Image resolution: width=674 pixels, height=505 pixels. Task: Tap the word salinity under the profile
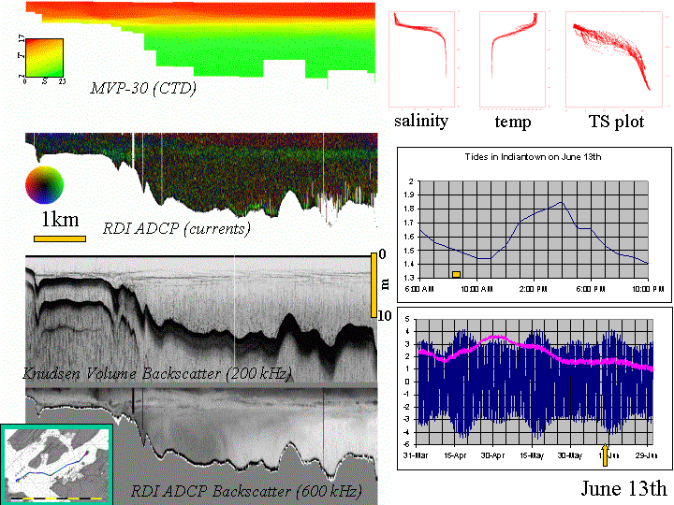(x=420, y=122)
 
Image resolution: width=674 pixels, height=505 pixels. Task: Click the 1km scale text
(x=62, y=221)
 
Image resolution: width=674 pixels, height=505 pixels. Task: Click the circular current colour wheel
(x=45, y=184)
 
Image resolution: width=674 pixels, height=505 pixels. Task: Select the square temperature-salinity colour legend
(x=43, y=57)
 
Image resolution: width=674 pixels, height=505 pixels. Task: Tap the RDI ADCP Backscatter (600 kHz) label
(x=246, y=490)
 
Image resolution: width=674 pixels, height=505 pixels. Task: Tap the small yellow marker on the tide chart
(x=456, y=274)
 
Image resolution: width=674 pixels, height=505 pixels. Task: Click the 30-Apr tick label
(x=492, y=455)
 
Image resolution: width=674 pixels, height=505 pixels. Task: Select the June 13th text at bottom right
(x=623, y=489)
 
